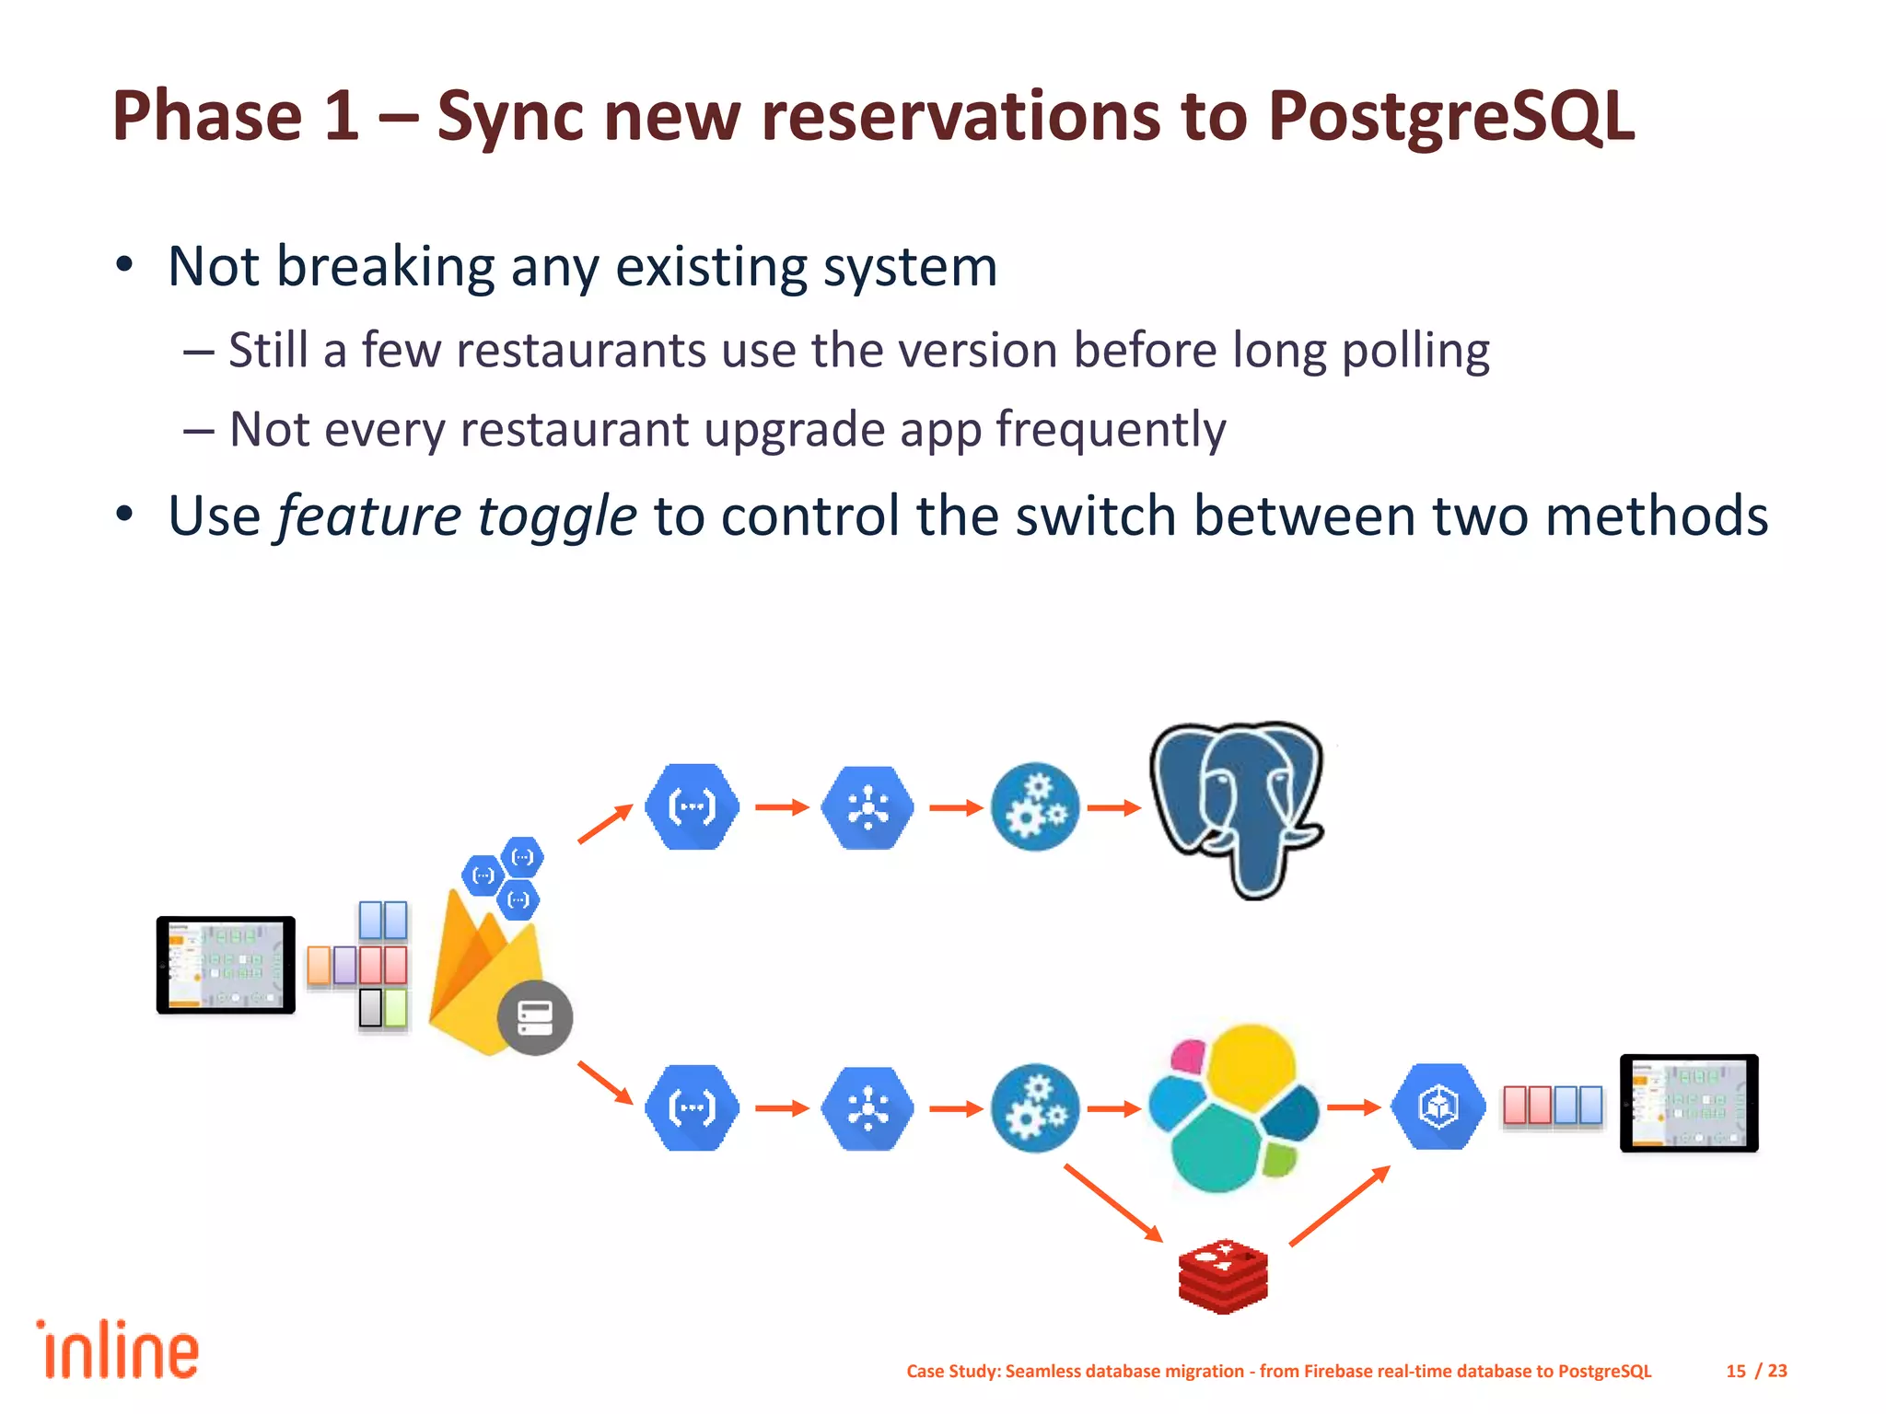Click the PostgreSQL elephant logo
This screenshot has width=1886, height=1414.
pos(1236,808)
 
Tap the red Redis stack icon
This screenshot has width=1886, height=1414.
pos(1223,1276)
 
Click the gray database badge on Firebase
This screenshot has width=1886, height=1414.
pos(535,1017)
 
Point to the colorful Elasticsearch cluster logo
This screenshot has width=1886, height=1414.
pos(1232,1108)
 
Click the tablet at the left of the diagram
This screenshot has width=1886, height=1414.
pos(226,965)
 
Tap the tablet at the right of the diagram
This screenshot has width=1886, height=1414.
pos(1689,1103)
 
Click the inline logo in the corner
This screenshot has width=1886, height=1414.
pos(118,1350)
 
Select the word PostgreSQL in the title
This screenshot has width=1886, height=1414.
pos(1450,117)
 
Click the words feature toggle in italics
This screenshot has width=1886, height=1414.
pos(457,516)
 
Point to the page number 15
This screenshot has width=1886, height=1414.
pos(1736,1371)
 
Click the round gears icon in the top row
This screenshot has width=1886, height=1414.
pos(1035,807)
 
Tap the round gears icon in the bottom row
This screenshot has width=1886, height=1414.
pos(1035,1108)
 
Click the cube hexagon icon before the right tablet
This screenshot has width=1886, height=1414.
pos(1438,1107)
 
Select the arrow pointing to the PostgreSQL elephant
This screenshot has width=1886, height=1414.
pos(1114,808)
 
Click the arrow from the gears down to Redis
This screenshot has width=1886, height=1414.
pos(1113,1203)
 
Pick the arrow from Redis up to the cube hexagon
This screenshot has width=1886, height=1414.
pos(1340,1206)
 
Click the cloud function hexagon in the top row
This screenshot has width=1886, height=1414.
pos(692,807)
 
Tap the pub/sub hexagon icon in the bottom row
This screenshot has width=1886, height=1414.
pos(867,1108)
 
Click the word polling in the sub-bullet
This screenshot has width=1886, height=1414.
pos(1415,352)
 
